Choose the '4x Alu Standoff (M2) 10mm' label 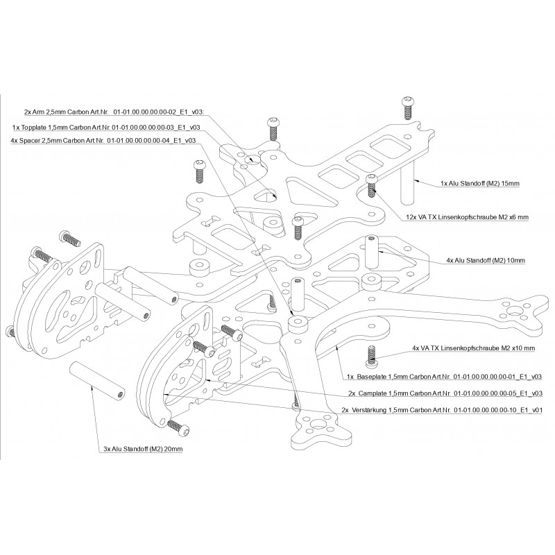486,260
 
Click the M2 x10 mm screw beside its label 371,355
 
